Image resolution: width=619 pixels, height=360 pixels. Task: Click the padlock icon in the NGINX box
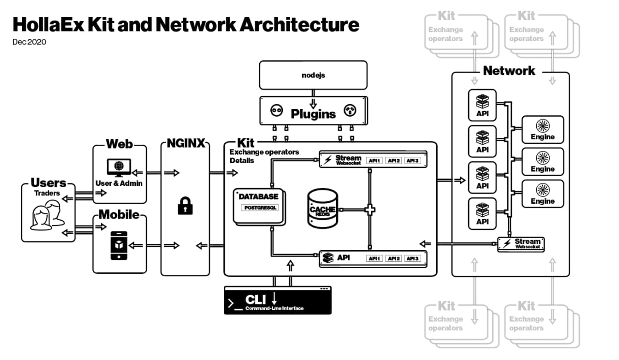tap(185, 206)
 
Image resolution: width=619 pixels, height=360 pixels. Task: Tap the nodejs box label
tap(313, 75)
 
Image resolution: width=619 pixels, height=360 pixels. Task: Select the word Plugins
tap(313, 114)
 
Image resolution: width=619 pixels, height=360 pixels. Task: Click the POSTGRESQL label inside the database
tap(260, 208)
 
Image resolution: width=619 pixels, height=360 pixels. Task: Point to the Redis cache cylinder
tap(323, 209)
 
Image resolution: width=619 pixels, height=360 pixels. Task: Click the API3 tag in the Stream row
tap(413, 161)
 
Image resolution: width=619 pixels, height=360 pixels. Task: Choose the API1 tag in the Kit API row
tap(374, 258)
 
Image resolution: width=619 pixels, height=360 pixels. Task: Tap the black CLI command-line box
tap(278, 300)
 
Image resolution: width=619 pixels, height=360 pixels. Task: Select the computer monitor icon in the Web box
tap(118, 167)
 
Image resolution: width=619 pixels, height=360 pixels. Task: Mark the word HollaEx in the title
tap(46, 24)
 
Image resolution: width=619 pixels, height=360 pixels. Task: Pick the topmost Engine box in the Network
tap(542, 130)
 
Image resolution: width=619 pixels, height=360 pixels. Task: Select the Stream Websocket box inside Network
tap(521, 244)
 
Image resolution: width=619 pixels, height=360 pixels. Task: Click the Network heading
tap(509, 71)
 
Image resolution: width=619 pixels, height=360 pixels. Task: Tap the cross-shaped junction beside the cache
tap(369, 210)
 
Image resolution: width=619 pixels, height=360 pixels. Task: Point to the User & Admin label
tap(119, 183)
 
